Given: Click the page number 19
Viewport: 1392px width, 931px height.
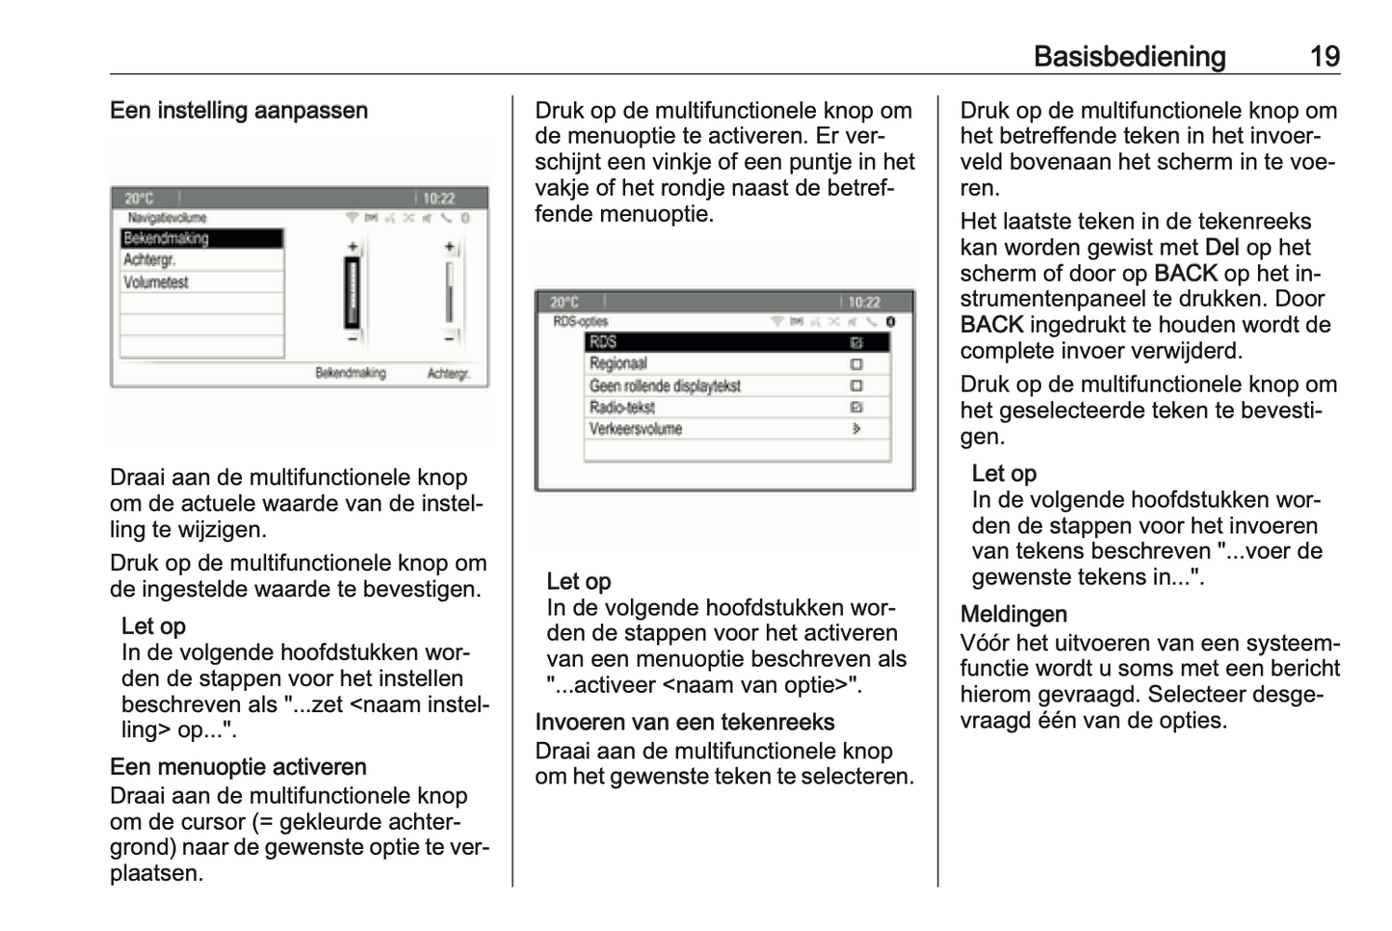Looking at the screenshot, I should tap(1325, 57).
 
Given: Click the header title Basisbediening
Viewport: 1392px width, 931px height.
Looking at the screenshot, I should tap(1129, 57).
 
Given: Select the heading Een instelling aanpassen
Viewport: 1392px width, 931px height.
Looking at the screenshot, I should tap(239, 111).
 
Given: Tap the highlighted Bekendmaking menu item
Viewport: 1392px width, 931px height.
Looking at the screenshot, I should tap(201, 238).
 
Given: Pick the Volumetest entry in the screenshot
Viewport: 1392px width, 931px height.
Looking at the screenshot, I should tap(156, 282).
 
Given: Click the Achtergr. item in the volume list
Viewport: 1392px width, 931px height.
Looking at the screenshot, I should tap(150, 260).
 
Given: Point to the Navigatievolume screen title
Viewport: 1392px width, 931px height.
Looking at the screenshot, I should tap(167, 218).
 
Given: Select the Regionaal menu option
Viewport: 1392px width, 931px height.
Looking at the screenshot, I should tap(618, 364).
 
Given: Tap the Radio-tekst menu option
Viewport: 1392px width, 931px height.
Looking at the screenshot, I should tap(622, 408).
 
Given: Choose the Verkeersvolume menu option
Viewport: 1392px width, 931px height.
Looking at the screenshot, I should tap(636, 430).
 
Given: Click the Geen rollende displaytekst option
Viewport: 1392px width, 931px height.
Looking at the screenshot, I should tap(665, 386).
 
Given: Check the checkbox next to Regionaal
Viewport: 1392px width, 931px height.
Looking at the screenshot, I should tap(856, 364).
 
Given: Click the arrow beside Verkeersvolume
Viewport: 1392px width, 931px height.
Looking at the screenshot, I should tap(856, 430).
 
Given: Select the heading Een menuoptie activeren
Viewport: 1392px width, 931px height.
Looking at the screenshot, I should tap(238, 767).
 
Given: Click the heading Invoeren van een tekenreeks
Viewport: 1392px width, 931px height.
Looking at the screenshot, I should tap(685, 723).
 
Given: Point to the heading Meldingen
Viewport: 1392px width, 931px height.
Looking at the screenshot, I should tap(1013, 615).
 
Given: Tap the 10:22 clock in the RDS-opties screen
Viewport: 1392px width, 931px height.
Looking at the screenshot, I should tap(863, 303).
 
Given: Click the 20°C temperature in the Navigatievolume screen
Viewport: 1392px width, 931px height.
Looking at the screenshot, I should tap(139, 199).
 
